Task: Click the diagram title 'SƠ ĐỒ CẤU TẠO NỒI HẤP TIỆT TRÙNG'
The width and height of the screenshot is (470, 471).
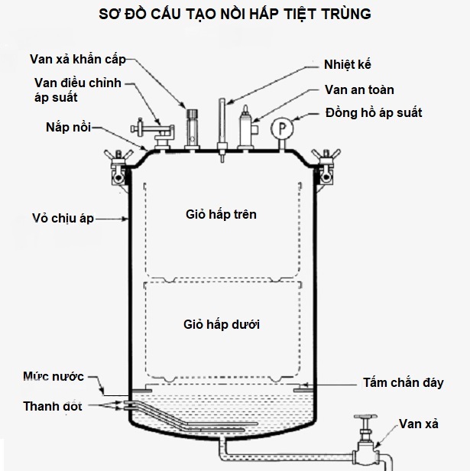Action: [235, 16]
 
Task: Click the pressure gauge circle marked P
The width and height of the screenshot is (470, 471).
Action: [284, 125]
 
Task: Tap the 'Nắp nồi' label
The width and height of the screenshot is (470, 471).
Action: [66, 128]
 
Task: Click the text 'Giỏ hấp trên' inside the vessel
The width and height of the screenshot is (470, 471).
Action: [221, 215]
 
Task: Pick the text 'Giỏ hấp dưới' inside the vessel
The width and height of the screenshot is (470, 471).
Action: [222, 324]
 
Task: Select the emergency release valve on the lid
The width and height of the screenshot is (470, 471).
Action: [193, 126]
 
